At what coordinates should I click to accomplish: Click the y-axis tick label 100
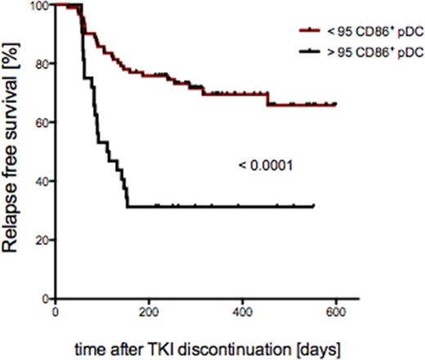click(36, 6)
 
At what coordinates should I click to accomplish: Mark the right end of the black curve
click(313, 206)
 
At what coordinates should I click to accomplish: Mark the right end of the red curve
click(336, 105)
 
